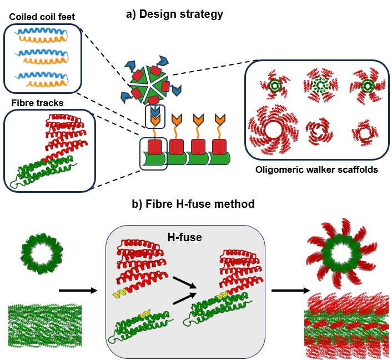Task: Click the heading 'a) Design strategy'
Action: click(174, 14)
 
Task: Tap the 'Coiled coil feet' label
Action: click(42, 17)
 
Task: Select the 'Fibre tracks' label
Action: click(38, 103)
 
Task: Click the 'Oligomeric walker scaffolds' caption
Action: click(316, 169)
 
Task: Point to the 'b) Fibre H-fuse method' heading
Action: click(193, 204)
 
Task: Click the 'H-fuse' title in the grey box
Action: click(185, 237)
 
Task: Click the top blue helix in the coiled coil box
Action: click(41, 32)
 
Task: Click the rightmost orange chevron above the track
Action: click(220, 119)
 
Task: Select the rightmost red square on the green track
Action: click(219, 147)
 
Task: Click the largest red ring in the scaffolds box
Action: click(274, 130)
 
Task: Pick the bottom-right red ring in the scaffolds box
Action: click(365, 133)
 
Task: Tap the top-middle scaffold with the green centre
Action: click(320, 85)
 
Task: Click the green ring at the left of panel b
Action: click(42, 254)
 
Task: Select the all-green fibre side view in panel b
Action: click(45, 325)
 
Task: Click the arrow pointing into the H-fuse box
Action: click(78, 291)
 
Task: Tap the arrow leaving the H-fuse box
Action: click(290, 291)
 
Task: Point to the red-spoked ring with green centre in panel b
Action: click(341, 253)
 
